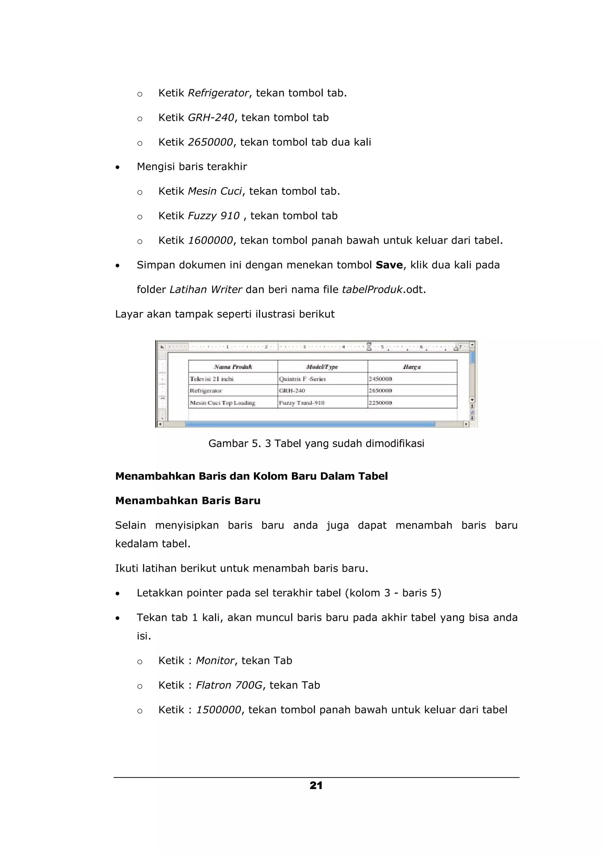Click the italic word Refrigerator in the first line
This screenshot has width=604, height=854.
[218, 93]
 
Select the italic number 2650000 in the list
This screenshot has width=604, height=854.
[210, 142]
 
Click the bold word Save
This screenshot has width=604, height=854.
[389, 265]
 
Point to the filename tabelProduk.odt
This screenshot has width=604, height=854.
[383, 289]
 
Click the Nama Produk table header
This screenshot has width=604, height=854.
[233, 367]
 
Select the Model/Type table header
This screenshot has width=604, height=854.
[322, 367]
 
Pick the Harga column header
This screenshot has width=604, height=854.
[412, 367]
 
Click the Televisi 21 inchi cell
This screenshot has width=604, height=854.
[211, 379]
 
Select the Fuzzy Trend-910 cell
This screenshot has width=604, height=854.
[302, 403]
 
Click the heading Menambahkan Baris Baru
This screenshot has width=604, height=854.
[188, 501]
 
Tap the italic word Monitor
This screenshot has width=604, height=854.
[215, 661]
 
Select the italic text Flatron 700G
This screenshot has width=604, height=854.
[229, 685]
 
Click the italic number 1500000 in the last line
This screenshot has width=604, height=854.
[219, 710]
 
